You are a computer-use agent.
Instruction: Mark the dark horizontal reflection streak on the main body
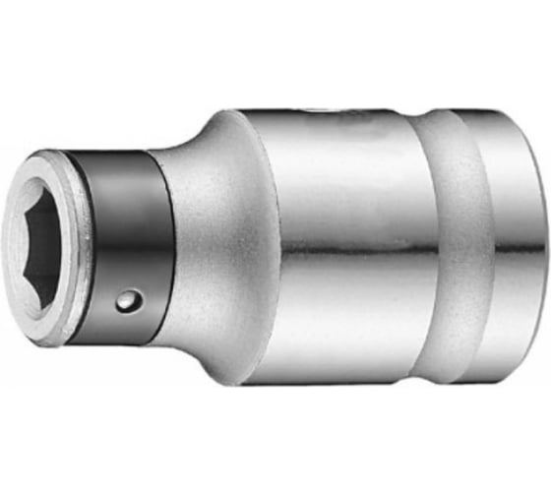pyautogui.click(x=335, y=259)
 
